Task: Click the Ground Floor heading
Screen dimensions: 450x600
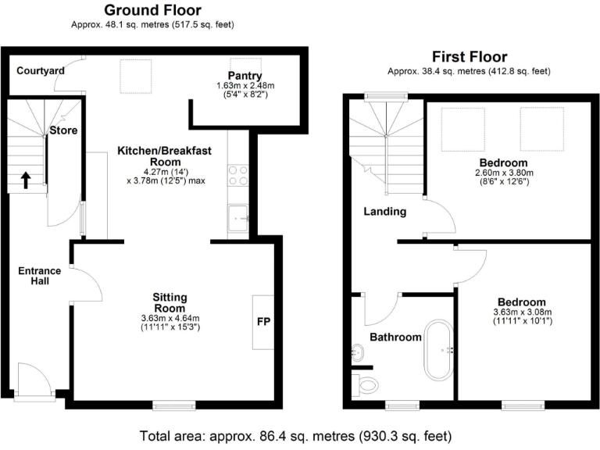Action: click(152, 10)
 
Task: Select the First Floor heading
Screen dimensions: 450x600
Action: click(470, 57)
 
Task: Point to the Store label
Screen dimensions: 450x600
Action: click(63, 130)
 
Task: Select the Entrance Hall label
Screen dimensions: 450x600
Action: click(34, 275)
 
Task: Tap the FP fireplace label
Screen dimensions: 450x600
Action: click(263, 321)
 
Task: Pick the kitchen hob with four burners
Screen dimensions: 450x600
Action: click(237, 175)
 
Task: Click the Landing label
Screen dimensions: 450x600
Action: click(384, 211)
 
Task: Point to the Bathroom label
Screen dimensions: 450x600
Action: click(395, 337)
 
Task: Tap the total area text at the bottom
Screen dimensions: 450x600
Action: click(295, 434)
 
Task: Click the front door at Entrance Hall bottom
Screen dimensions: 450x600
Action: click(34, 383)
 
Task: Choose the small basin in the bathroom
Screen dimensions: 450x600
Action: click(358, 352)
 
